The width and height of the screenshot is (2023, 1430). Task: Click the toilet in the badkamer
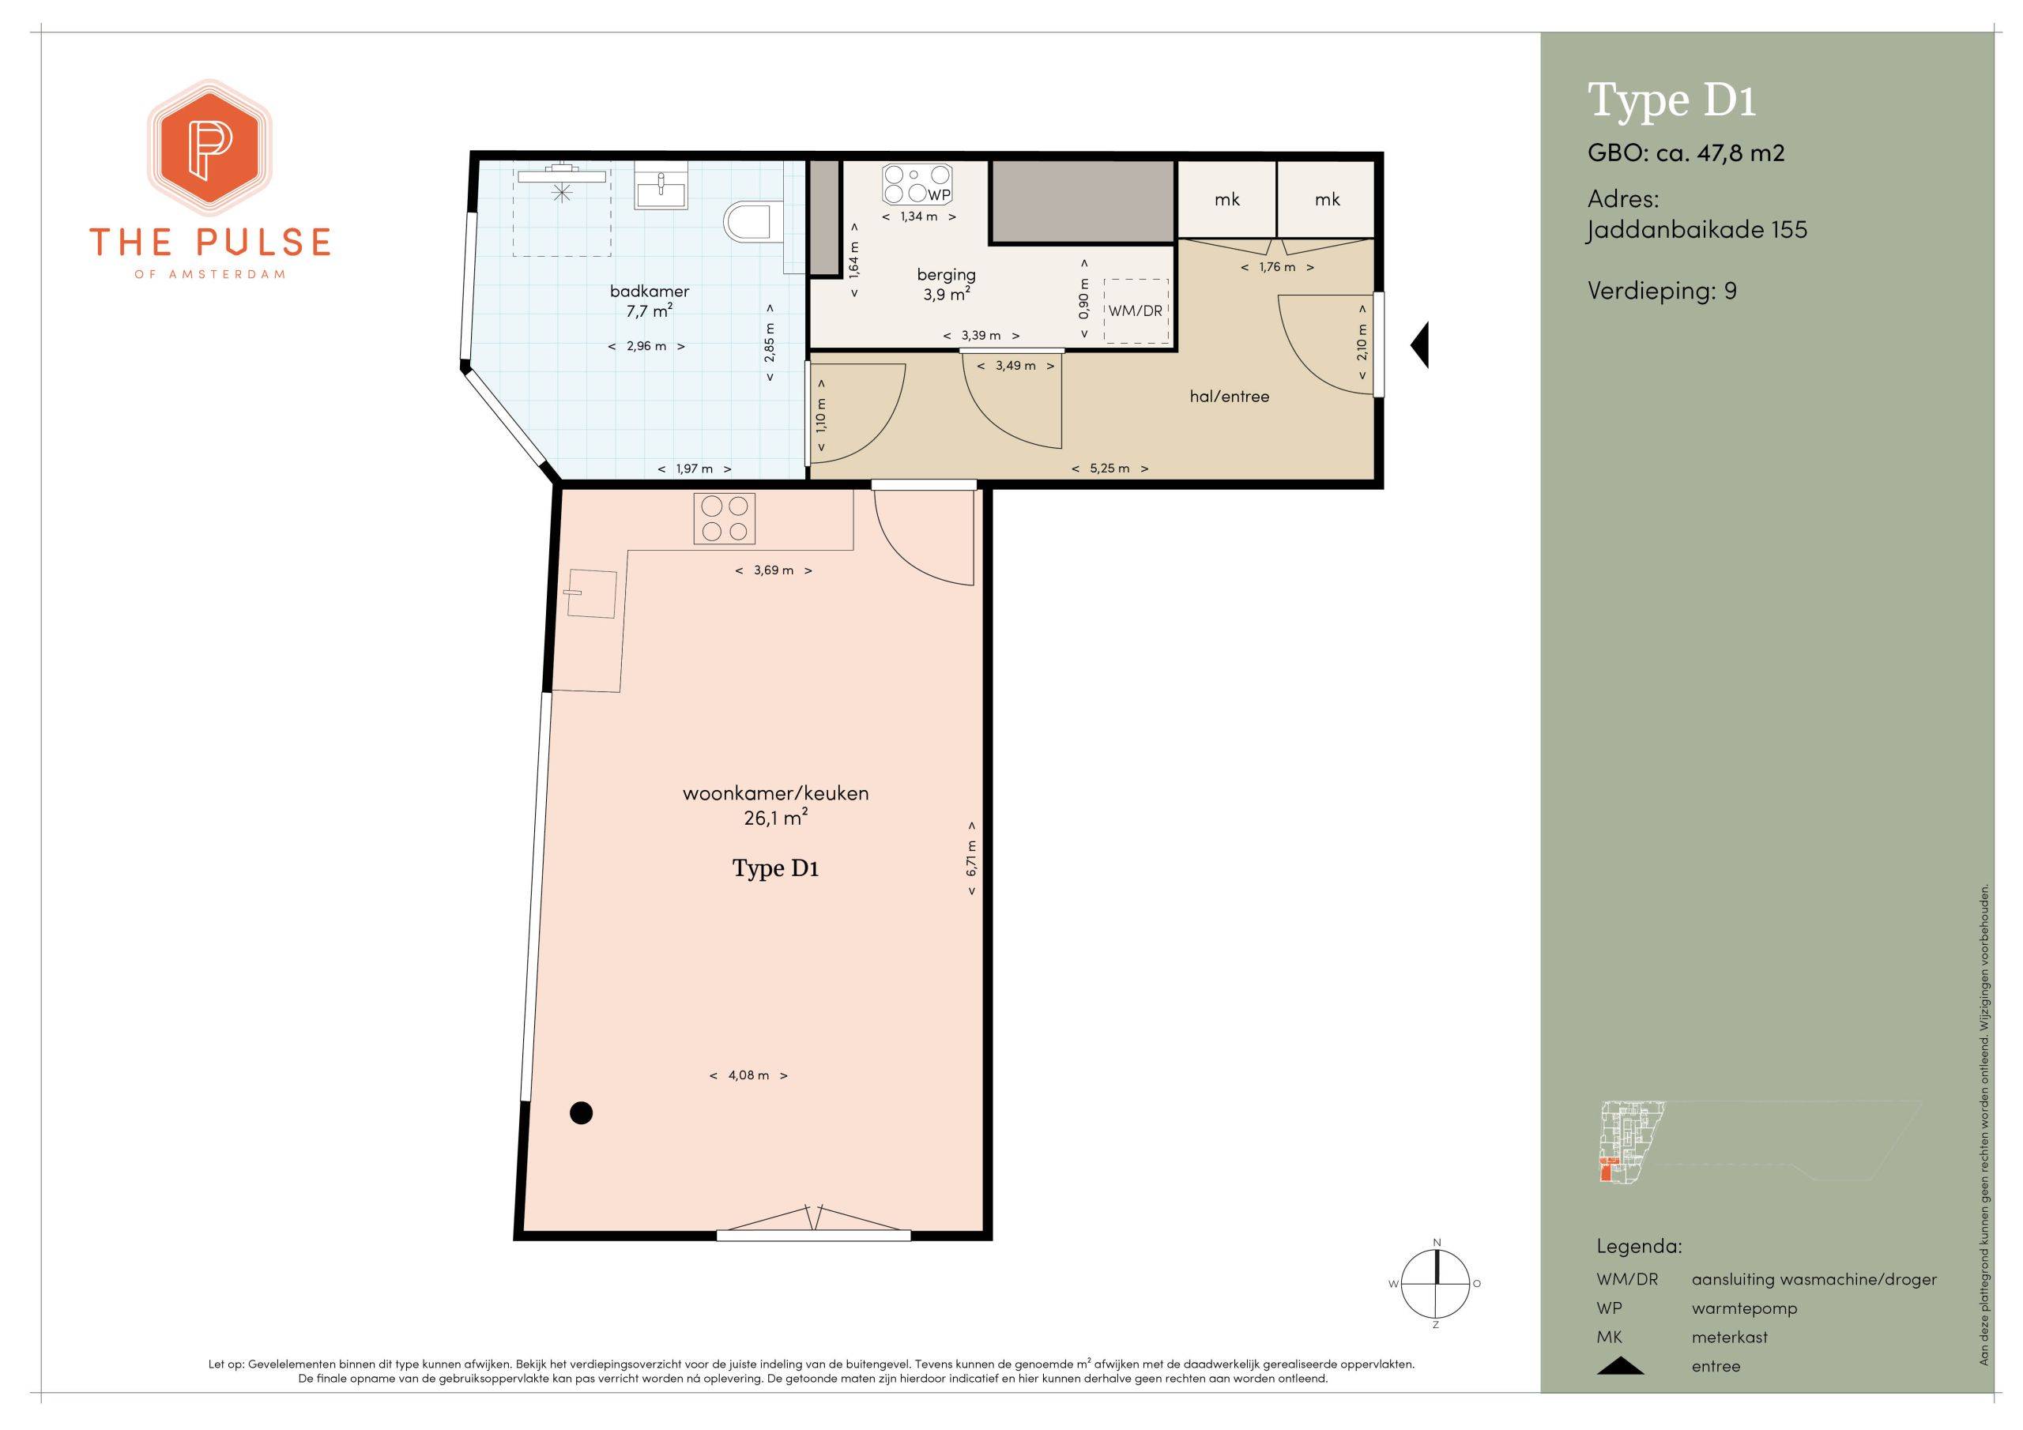(748, 222)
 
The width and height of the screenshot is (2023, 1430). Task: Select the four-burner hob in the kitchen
(725, 517)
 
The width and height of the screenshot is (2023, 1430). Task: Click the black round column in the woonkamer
(581, 1113)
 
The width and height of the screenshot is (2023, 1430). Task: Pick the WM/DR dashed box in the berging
(1136, 311)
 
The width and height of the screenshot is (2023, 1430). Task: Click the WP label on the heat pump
(940, 194)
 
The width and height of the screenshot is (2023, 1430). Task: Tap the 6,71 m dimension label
(971, 859)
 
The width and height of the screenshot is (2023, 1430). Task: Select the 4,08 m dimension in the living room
(748, 1075)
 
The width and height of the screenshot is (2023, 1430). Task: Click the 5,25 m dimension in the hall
(1109, 469)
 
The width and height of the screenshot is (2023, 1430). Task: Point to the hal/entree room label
(1229, 397)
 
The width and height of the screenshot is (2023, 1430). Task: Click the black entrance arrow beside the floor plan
(1419, 344)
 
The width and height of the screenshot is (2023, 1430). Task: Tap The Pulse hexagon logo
(209, 149)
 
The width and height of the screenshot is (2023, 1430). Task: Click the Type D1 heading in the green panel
(1671, 100)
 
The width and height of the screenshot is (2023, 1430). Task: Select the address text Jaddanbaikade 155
(1697, 230)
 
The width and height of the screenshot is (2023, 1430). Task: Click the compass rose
(1436, 1284)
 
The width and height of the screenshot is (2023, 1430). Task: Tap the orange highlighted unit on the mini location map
(1607, 1171)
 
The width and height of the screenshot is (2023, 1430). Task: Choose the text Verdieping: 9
(1662, 291)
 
